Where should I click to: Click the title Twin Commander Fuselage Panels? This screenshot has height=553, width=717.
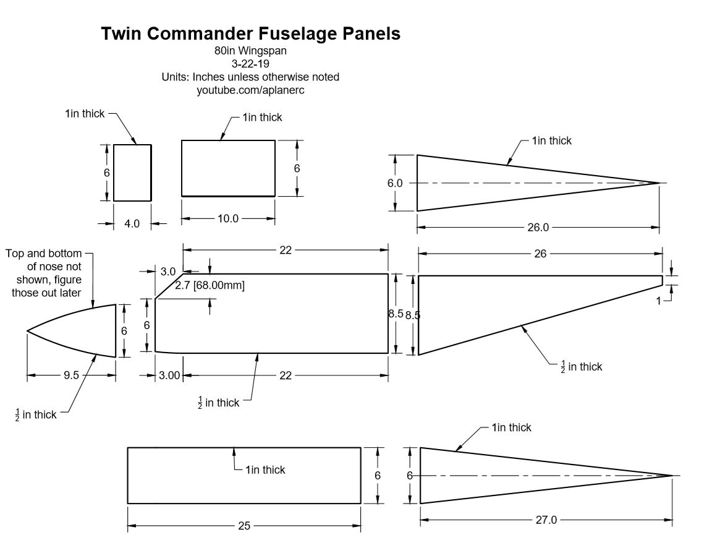(x=251, y=34)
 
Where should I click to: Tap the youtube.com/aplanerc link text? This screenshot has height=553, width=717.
(x=250, y=90)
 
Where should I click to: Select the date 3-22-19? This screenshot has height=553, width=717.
(x=250, y=64)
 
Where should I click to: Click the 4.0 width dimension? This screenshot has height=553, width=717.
(x=132, y=224)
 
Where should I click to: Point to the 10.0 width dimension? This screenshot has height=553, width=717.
(x=227, y=218)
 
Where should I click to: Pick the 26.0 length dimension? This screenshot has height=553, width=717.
(x=537, y=228)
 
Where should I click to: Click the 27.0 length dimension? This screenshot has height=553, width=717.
(x=545, y=520)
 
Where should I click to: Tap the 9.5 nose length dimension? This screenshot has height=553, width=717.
(x=71, y=375)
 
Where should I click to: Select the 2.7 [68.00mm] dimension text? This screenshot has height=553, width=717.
(x=210, y=286)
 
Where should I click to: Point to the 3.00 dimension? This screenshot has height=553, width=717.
(x=169, y=375)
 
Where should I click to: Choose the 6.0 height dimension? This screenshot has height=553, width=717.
(x=394, y=183)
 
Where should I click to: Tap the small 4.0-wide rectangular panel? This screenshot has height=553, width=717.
(x=132, y=173)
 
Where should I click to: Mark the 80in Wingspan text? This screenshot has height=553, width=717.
(x=250, y=51)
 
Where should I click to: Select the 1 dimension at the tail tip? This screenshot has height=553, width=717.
(x=659, y=300)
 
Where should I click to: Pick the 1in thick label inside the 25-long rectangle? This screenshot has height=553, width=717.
(x=265, y=470)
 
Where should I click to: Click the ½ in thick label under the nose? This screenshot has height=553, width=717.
(x=36, y=415)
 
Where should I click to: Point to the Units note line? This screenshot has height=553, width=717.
(x=250, y=77)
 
